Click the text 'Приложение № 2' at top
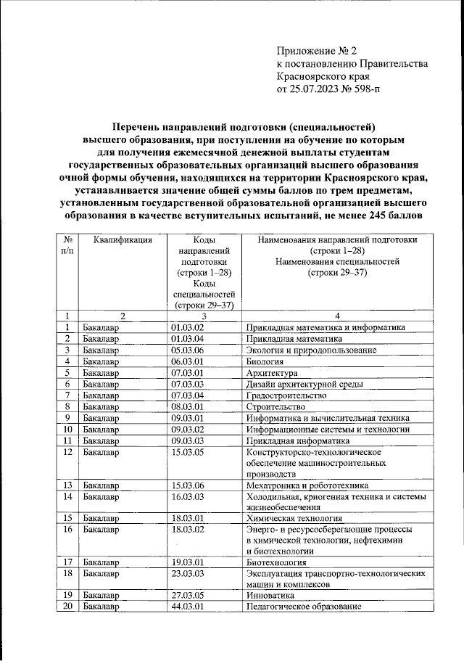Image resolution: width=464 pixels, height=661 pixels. [x=317, y=51]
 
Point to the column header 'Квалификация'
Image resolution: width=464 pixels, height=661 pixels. [x=122, y=241]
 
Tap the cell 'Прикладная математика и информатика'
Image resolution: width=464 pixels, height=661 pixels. [x=325, y=327]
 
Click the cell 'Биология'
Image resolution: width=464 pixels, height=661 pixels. [x=265, y=361]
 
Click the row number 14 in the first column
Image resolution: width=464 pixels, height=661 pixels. [x=67, y=497]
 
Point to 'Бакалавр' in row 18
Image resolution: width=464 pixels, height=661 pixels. [x=101, y=573]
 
